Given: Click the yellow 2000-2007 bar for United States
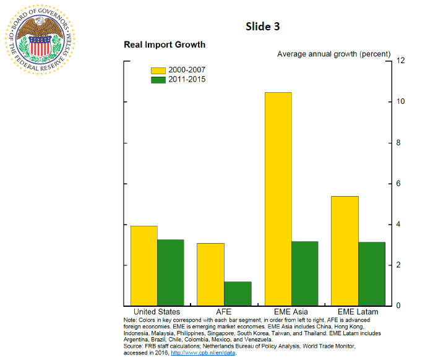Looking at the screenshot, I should (144, 266).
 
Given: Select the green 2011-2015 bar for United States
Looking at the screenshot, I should (170, 273).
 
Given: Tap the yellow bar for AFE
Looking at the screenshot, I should (210, 275).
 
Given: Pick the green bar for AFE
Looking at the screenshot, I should (238, 294).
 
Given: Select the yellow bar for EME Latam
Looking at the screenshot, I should (345, 251).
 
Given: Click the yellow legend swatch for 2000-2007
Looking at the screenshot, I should (158, 70).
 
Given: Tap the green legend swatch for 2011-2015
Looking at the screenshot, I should (158, 80).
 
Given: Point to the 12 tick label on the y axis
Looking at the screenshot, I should (401, 61).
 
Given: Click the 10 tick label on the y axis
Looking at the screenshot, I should (401, 101).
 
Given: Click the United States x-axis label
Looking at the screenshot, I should (157, 312).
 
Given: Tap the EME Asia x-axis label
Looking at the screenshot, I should (291, 312).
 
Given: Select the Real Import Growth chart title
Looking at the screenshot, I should (165, 45).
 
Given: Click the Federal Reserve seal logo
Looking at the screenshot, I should (41, 40).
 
